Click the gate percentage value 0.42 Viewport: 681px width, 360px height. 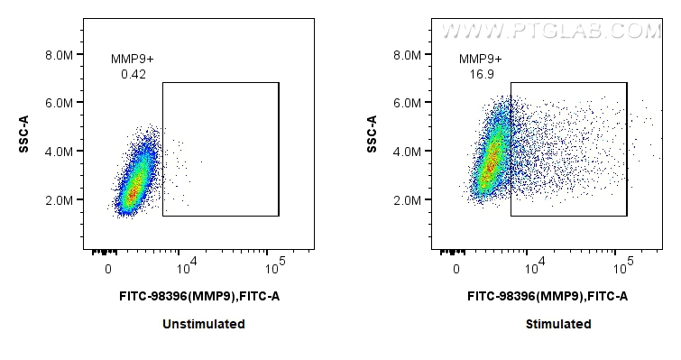[133, 75]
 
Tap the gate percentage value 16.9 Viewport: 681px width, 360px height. [481, 75]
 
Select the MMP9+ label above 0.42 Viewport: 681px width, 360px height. [133, 60]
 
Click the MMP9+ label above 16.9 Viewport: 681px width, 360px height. [481, 60]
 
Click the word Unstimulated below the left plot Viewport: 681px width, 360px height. [204, 324]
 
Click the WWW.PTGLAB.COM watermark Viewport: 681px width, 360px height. [549, 32]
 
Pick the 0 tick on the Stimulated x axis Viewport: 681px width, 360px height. [458, 268]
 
